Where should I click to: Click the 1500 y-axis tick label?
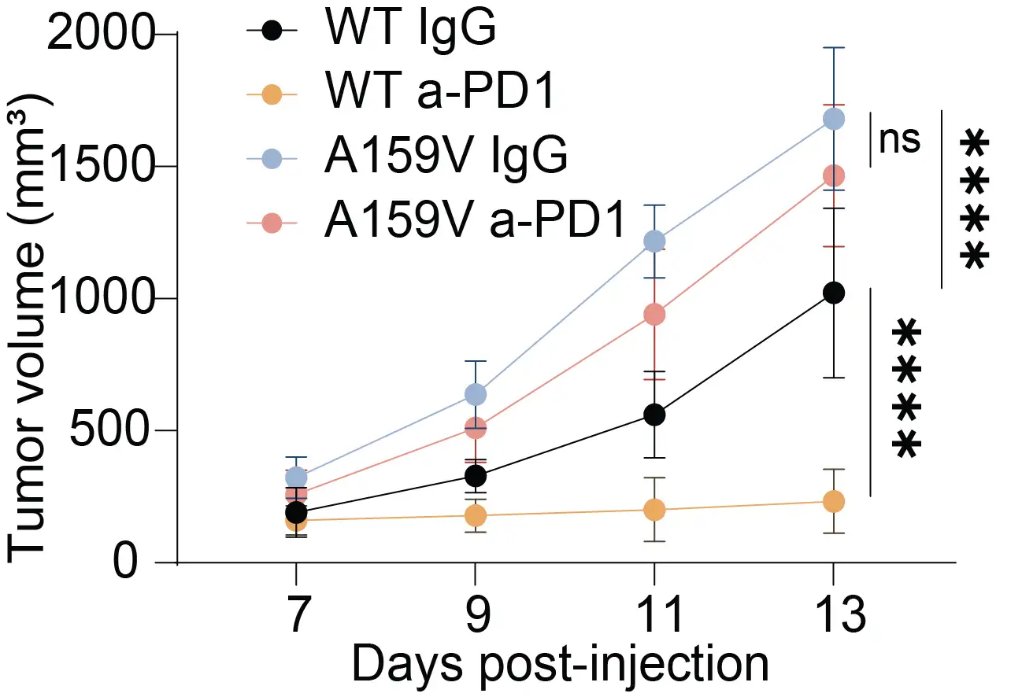coord(101,168)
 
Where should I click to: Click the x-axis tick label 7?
coord(295,616)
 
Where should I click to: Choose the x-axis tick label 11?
coord(654,616)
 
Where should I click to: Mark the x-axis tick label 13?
coord(832,616)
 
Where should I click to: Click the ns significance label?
coord(899,140)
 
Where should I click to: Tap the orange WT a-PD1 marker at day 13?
coord(833,501)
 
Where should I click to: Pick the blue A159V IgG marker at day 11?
coord(654,241)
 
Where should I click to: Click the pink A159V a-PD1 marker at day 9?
coord(475,428)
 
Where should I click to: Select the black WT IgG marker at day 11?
coord(654,415)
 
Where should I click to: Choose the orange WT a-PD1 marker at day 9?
coord(475,516)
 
